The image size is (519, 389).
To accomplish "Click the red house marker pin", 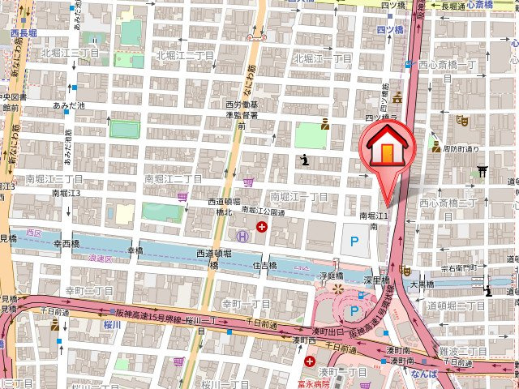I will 387,149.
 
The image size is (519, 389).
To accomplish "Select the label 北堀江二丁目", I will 185,56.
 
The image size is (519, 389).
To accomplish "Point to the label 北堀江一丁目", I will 322,58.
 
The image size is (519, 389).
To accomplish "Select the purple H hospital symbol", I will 242,236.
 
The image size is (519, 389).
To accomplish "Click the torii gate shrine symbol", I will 482,171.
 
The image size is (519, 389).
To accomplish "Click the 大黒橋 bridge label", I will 422,285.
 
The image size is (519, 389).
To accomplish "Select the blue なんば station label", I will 423,373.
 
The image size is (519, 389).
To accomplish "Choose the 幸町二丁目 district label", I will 89,291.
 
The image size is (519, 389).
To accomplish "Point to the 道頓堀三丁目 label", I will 456,306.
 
